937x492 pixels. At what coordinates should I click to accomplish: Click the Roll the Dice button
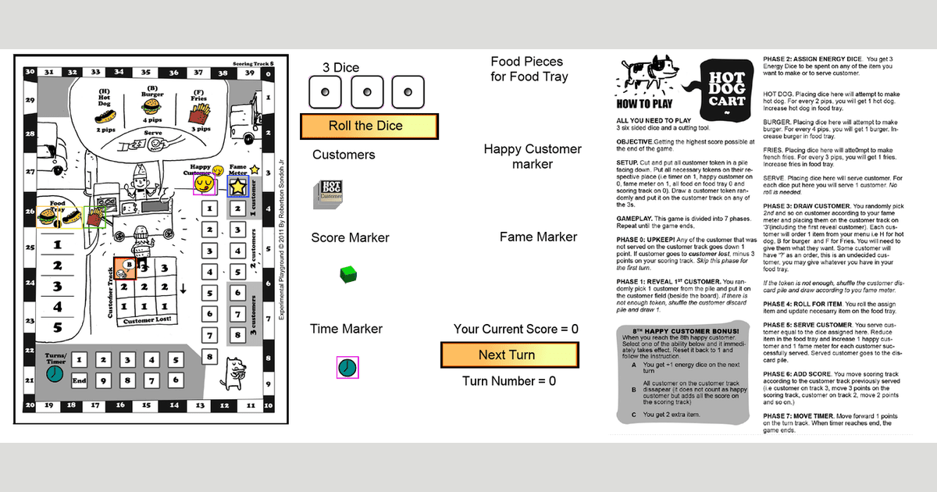click(369, 126)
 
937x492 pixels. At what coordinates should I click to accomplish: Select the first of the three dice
click(325, 92)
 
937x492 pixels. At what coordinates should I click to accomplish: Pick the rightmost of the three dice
click(407, 92)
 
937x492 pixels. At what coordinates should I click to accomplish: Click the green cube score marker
click(348, 274)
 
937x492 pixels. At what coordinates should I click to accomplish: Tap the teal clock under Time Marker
click(347, 367)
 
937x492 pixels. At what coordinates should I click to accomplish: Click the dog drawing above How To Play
click(644, 76)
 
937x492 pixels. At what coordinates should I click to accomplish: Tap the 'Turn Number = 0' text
click(509, 381)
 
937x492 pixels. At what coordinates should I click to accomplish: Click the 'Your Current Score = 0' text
click(516, 329)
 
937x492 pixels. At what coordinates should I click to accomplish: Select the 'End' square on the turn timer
click(79, 380)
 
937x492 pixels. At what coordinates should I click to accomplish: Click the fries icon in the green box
click(95, 217)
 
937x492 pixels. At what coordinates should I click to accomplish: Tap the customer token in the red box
click(126, 269)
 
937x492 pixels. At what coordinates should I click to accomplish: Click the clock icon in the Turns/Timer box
click(55, 374)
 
